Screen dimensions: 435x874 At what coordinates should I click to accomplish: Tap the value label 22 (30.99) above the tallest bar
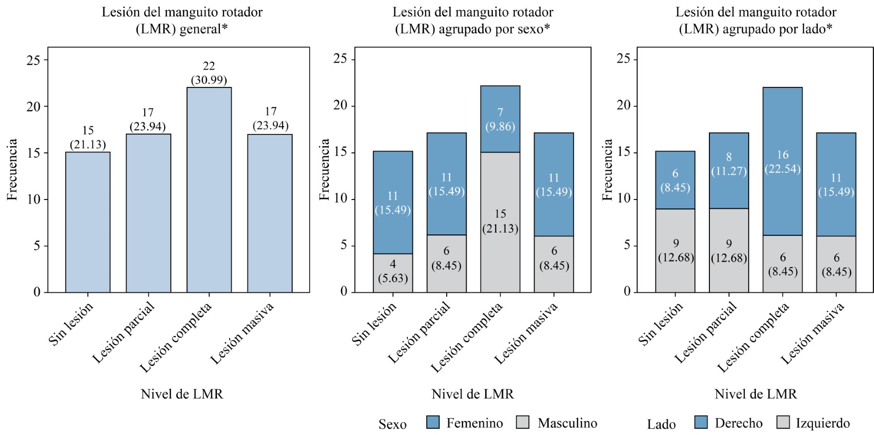[x=209, y=73]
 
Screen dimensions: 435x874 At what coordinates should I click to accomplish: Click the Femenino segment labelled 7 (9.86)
[x=500, y=119]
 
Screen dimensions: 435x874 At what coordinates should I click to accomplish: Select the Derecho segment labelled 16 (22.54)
[x=782, y=161]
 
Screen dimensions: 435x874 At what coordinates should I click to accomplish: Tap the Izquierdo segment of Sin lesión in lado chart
[x=675, y=250]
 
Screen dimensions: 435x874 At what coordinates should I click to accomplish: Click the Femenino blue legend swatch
[x=433, y=422]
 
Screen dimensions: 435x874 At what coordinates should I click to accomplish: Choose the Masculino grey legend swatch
[x=523, y=422]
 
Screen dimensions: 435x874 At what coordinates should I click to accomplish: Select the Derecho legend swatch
[x=701, y=422]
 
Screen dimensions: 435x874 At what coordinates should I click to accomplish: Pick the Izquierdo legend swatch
[x=783, y=422]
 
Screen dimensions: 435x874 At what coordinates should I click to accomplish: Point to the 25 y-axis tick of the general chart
[x=34, y=60]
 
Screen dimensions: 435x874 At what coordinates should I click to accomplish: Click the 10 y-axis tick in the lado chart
[x=623, y=199]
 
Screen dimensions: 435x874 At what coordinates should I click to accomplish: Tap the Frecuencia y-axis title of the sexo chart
[x=324, y=169]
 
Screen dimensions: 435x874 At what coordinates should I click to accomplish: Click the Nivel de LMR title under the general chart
[x=182, y=394]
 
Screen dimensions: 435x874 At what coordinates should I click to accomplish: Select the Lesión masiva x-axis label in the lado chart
[x=814, y=334]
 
